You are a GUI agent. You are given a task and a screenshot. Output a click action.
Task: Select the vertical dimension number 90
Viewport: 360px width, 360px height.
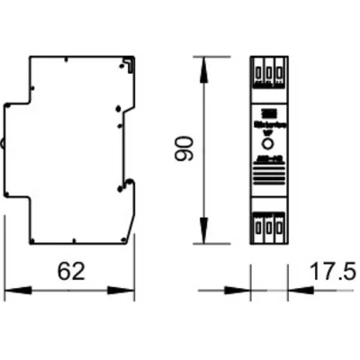pyautogui.click(x=184, y=149)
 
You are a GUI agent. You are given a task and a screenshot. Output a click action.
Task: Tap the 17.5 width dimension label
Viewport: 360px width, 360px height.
pyautogui.click(x=333, y=270)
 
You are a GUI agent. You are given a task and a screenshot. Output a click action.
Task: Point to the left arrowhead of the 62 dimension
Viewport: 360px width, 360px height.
pyautogui.click(x=11, y=291)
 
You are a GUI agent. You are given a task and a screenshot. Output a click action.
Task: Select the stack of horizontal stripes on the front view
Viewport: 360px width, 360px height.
pyautogui.click(x=269, y=169)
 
